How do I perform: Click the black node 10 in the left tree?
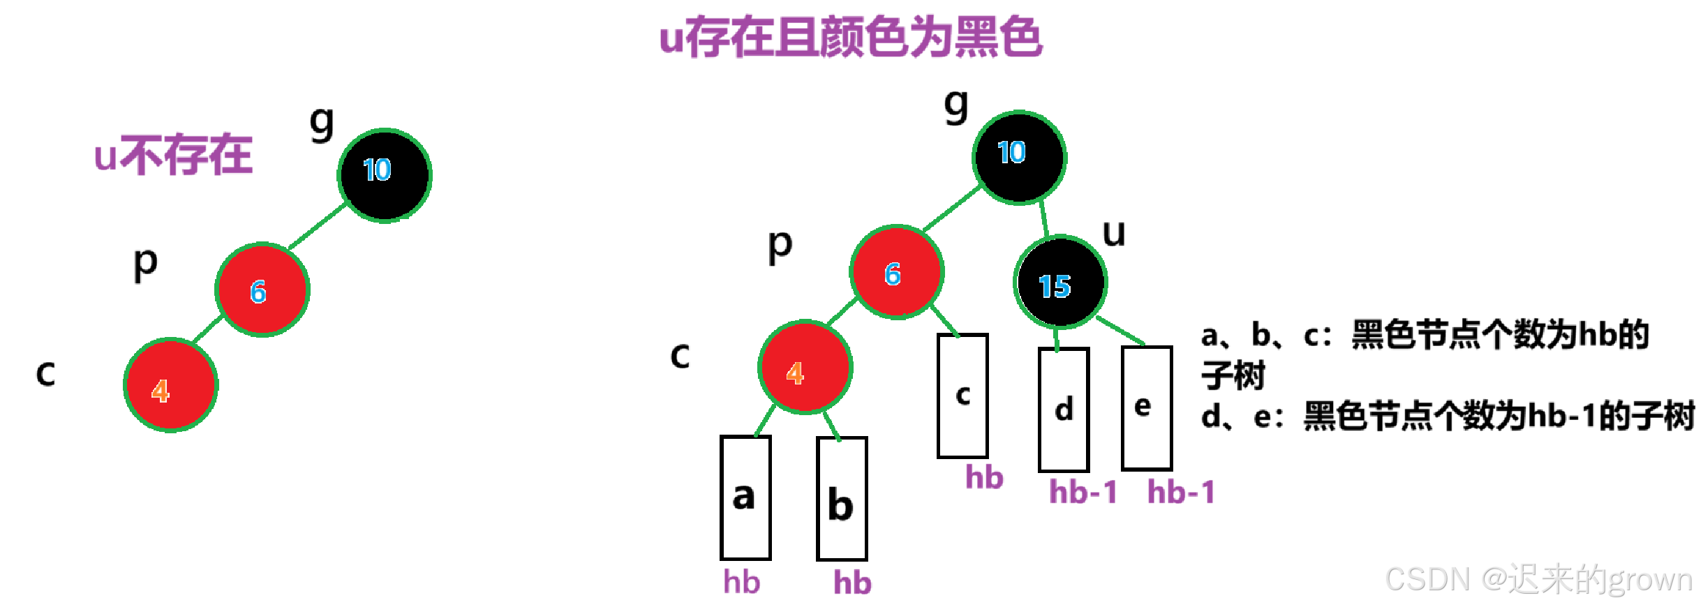coord(385,175)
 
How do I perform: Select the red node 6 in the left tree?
coord(262,290)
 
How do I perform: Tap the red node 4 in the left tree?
coord(171,385)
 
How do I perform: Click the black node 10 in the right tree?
coord(1019,157)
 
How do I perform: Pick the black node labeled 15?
coord(1059,282)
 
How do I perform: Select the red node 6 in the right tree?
coord(897,272)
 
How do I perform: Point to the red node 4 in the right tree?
coord(805,367)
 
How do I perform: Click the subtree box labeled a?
coord(745,497)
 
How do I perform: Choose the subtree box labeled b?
coord(842,499)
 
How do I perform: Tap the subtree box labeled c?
coord(962,396)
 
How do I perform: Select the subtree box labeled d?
coord(1064,410)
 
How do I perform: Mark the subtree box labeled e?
coord(1146,407)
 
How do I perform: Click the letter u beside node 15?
coord(1114,233)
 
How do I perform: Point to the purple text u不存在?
coord(173,155)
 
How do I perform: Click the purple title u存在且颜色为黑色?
coord(851,38)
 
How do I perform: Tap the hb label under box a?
coord(741,582)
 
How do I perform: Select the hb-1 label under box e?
coord(1181,492)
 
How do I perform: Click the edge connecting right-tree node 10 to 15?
coord(1044,218)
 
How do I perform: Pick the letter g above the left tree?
coord(322,123)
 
